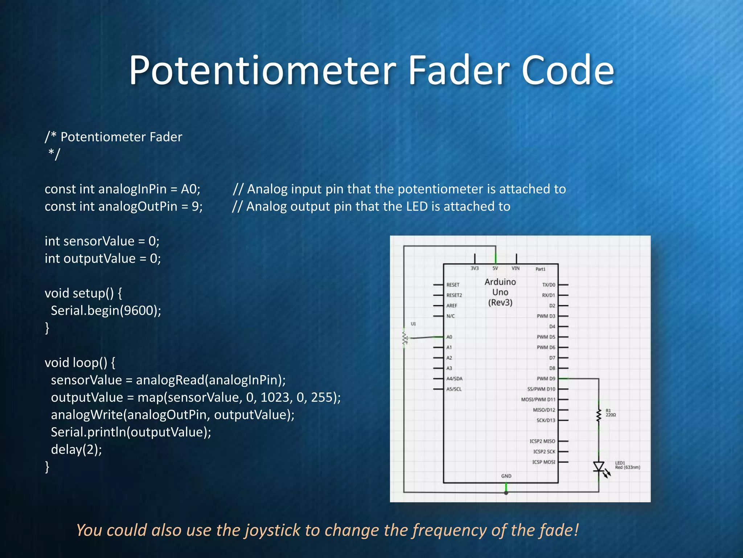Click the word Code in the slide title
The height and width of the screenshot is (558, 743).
(x=568, y=70)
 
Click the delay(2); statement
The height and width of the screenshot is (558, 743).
(x=76, y=450)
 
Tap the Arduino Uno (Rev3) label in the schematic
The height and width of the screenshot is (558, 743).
(x=500, y=292)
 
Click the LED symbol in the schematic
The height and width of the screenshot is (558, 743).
(x=599, y=467)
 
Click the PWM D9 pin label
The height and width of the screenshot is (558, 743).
(x=546, y=379)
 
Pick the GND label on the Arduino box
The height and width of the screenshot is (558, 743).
(x=506, y=476)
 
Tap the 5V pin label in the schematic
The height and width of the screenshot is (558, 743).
(x=495, y=268)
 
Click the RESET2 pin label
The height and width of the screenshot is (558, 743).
(x=454, y=295)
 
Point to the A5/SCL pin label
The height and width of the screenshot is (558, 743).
(x=454, y=389)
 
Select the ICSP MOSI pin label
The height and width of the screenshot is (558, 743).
(x=543, y=462)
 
